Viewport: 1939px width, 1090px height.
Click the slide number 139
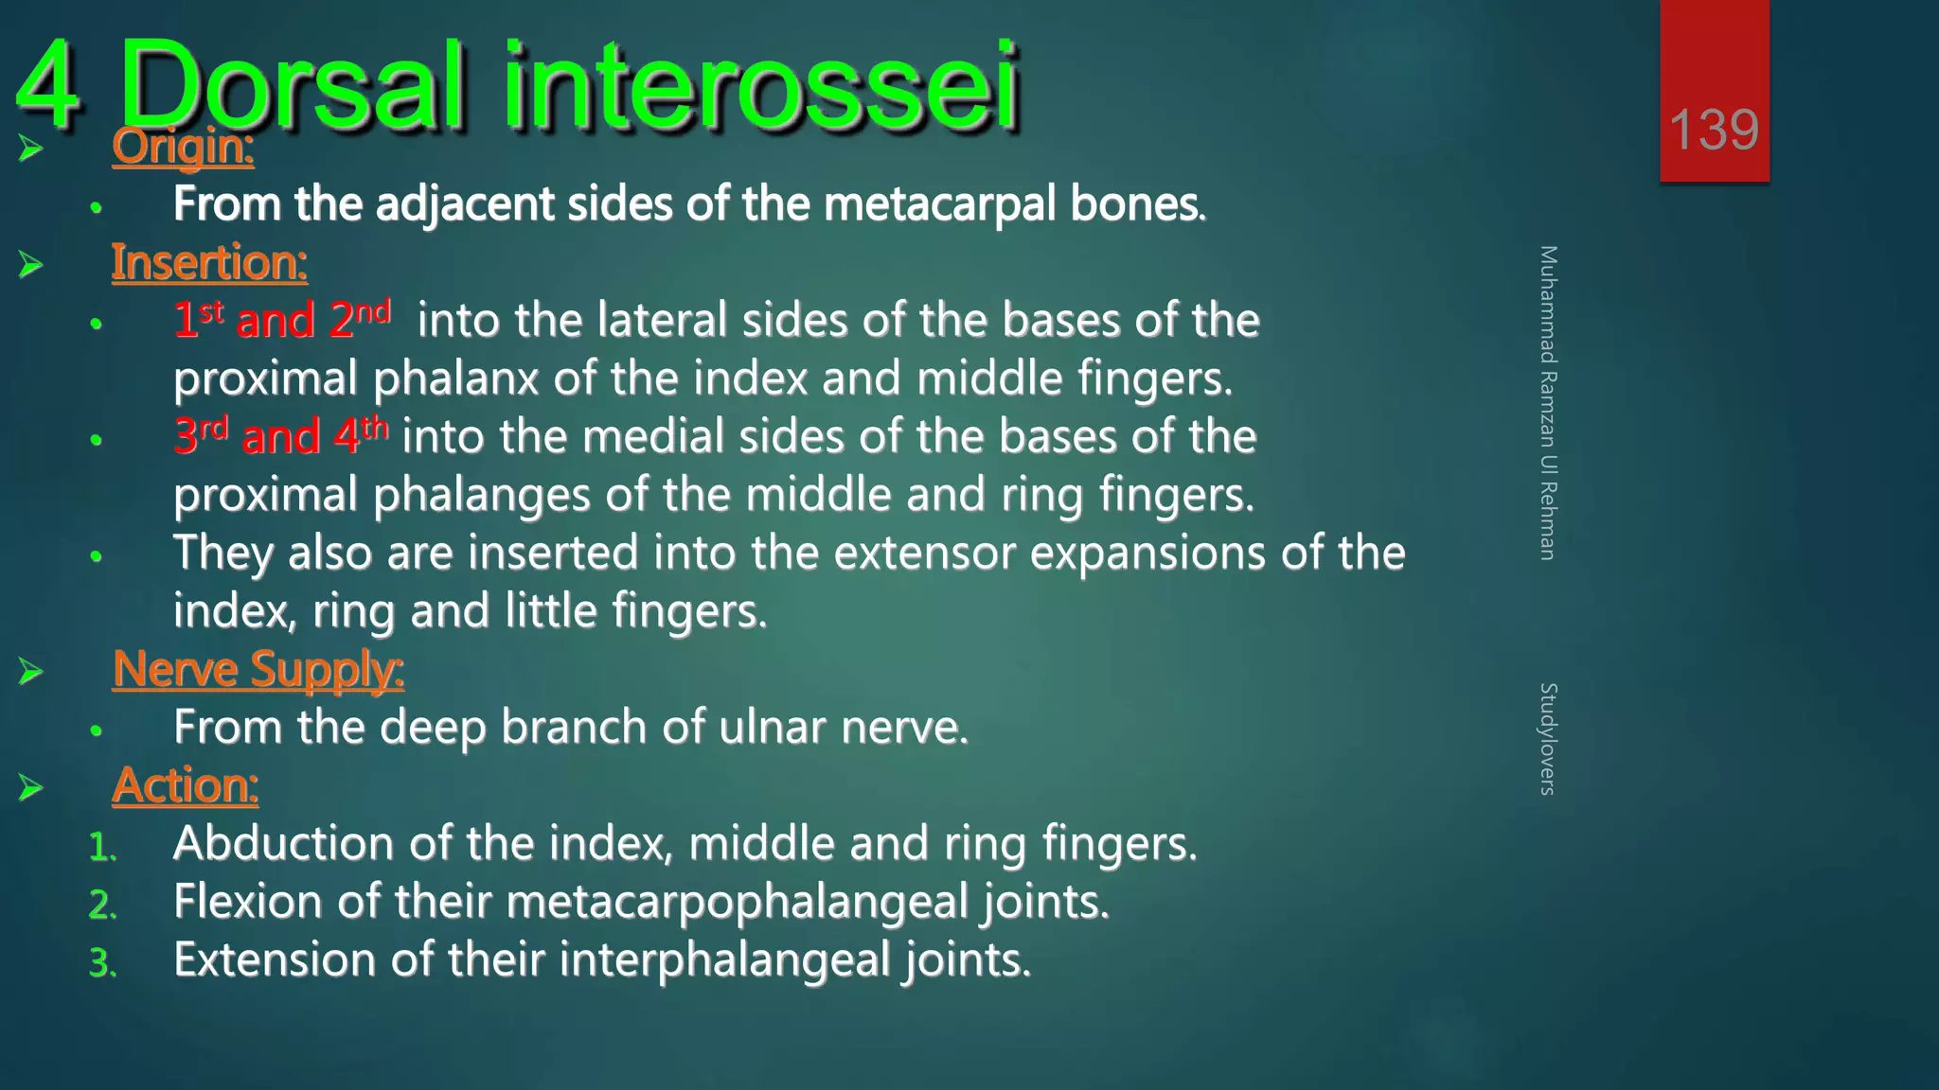(x=1714, y=130)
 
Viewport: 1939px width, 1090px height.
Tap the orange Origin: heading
(x=183, y=147)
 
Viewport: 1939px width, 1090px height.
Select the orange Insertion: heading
(x=209, y=262)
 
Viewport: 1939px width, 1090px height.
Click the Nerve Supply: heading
(x=258, y=669)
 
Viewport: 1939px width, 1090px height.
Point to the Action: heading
(x=185, y=785)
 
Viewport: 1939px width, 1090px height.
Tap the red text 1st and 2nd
(x=281, y=319)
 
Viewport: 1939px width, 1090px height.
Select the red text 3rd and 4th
(x=280, y=435)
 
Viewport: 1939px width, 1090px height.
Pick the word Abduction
(x=282, y=843)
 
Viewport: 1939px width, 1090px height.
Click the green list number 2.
(x=101, y=905)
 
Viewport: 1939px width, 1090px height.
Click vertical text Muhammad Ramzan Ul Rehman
(x=1548, y=402)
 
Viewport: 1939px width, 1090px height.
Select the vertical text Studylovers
(x=1548, y=738)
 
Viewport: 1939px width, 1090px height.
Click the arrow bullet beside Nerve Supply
(x=30, y=672)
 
